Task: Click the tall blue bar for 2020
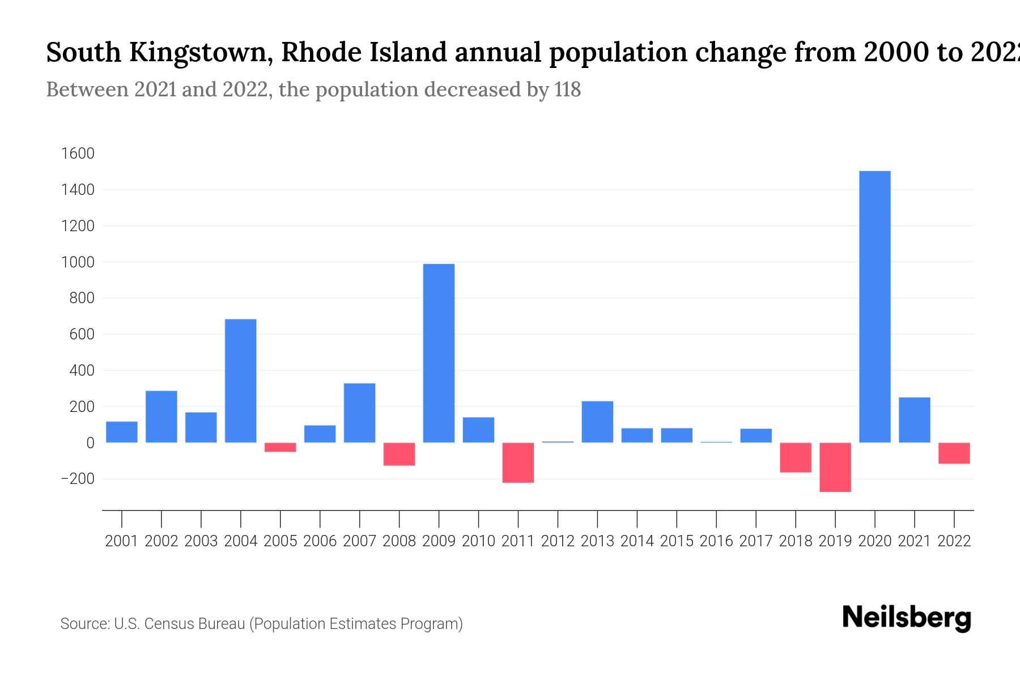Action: [875, 306]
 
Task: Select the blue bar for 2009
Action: [439, 353]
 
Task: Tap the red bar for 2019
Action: [835, 467]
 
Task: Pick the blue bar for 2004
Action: [240, 381]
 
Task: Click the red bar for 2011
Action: [518, 462]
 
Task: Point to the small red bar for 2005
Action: [280, 447]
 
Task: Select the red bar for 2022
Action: [954, 453]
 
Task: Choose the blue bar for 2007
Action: [359, 413]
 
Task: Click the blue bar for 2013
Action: [597, 422]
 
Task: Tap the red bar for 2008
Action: [399, 454]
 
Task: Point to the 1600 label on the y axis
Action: [78, 154]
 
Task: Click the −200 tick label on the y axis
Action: [77, 479]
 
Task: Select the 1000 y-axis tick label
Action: [78, 262]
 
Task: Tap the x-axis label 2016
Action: [716, 541]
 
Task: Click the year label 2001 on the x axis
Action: [122, 541]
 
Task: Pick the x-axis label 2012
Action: [558, 541]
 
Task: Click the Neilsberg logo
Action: [907, 618]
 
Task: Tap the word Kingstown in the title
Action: [201, 53]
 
